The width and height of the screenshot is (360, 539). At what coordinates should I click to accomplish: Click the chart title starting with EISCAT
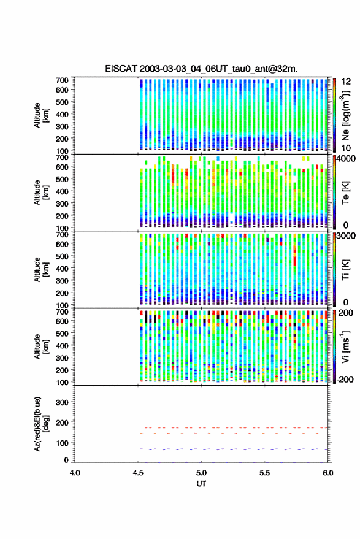pos(202,69)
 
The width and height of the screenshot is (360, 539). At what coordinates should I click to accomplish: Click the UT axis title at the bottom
pos(201,484)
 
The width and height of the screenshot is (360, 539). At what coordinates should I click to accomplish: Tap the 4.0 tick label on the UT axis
pos(75,473)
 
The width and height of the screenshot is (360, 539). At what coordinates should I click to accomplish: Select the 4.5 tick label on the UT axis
pos(138,473)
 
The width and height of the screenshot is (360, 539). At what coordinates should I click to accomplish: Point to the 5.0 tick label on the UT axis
pos(202,473)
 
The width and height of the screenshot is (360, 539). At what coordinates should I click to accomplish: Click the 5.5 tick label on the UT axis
pos(265,473)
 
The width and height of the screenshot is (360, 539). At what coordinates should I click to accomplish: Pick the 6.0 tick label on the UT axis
pos(328,473)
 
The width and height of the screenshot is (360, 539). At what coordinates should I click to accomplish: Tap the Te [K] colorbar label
pos(345,193)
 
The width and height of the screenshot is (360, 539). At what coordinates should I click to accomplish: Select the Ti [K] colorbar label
pos(345,270)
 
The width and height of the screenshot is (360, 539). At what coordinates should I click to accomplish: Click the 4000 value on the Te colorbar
pos(347,158)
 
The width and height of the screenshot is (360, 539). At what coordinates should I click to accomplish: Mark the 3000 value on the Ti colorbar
pos(347,235)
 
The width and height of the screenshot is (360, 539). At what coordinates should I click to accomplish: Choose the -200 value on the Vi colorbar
pos(345,380)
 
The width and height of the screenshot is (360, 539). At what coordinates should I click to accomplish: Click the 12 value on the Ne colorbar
pos(347,82)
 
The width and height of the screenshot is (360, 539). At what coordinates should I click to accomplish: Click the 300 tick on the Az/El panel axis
pos(62,402)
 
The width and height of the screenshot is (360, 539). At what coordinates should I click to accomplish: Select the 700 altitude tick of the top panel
pos(62,80)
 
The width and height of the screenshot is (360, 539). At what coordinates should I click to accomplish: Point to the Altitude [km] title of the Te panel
pos(41,193)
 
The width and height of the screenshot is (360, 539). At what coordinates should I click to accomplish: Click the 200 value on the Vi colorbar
pos(345,313)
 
